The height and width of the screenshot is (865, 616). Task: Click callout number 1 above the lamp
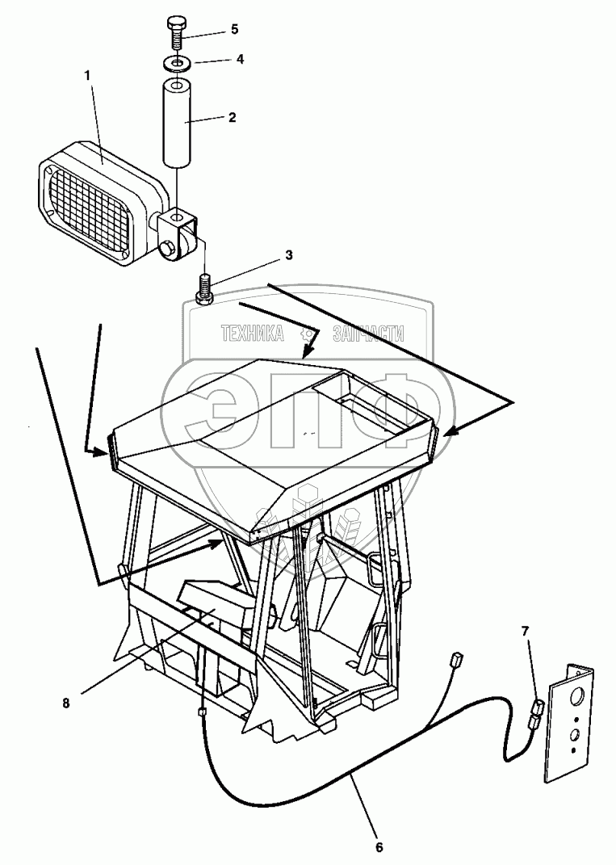tap(89, 74)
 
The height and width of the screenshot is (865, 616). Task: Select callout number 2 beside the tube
tap(232, 117)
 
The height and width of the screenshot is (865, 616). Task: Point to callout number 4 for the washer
tap(239, 59)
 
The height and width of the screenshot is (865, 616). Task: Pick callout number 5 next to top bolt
tap(234, 29)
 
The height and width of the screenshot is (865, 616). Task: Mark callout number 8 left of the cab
tap(66, 702)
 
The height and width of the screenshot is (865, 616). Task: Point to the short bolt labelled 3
tap(205, 288)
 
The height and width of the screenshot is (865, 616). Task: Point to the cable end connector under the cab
tap(202, 712)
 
